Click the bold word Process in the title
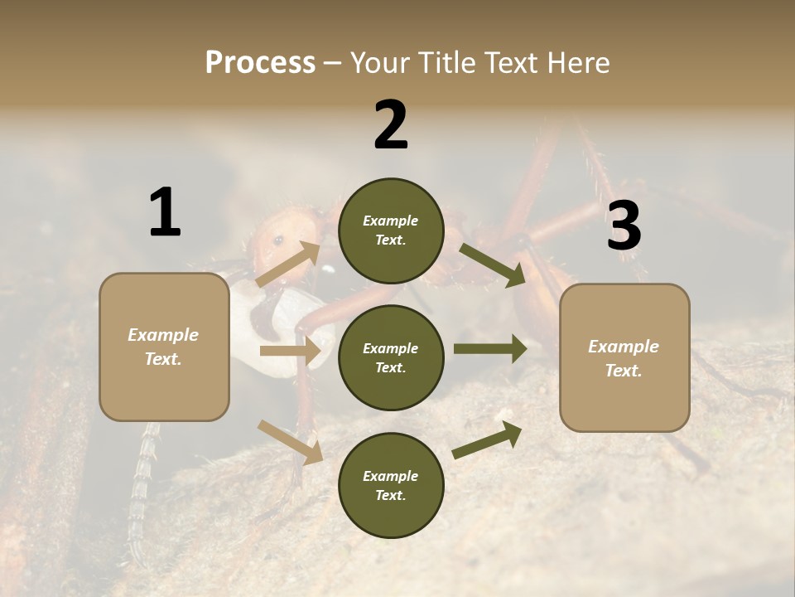point(260,62)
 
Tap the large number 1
point(165,212)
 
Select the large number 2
point(391,125)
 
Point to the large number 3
point(624,226)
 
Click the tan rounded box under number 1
point(164,347)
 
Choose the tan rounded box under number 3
point(624,357)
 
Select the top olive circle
point(391,231)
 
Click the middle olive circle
point(391,357)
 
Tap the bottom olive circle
point(391,485)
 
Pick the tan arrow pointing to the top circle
point(289,265)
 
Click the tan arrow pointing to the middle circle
point(290,351)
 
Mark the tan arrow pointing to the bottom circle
point(290,442)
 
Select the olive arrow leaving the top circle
point(492,265)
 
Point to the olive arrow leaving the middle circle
point(490,349)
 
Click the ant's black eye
point(278,240)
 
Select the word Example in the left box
point(163,335)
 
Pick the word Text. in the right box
point(624,371)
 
